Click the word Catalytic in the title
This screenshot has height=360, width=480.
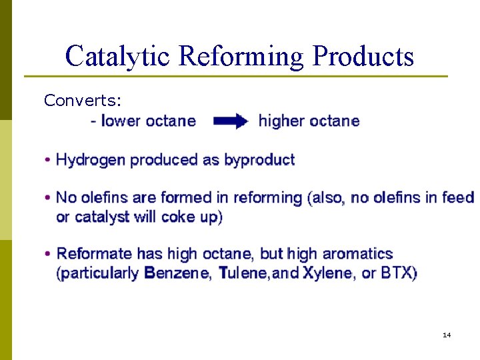(x=118, y=57)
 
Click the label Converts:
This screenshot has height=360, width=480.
(x=83, y=101)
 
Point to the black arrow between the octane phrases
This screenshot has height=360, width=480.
(x=231, y=121)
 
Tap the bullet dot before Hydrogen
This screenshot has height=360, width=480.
(x=48, y=161)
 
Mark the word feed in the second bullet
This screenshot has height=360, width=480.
(x=460, y=197)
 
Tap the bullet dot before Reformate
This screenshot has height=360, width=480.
(x=48, y=255)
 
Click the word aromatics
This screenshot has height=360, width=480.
(x=357, y=254)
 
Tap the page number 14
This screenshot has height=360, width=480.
(x=447, y=335)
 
